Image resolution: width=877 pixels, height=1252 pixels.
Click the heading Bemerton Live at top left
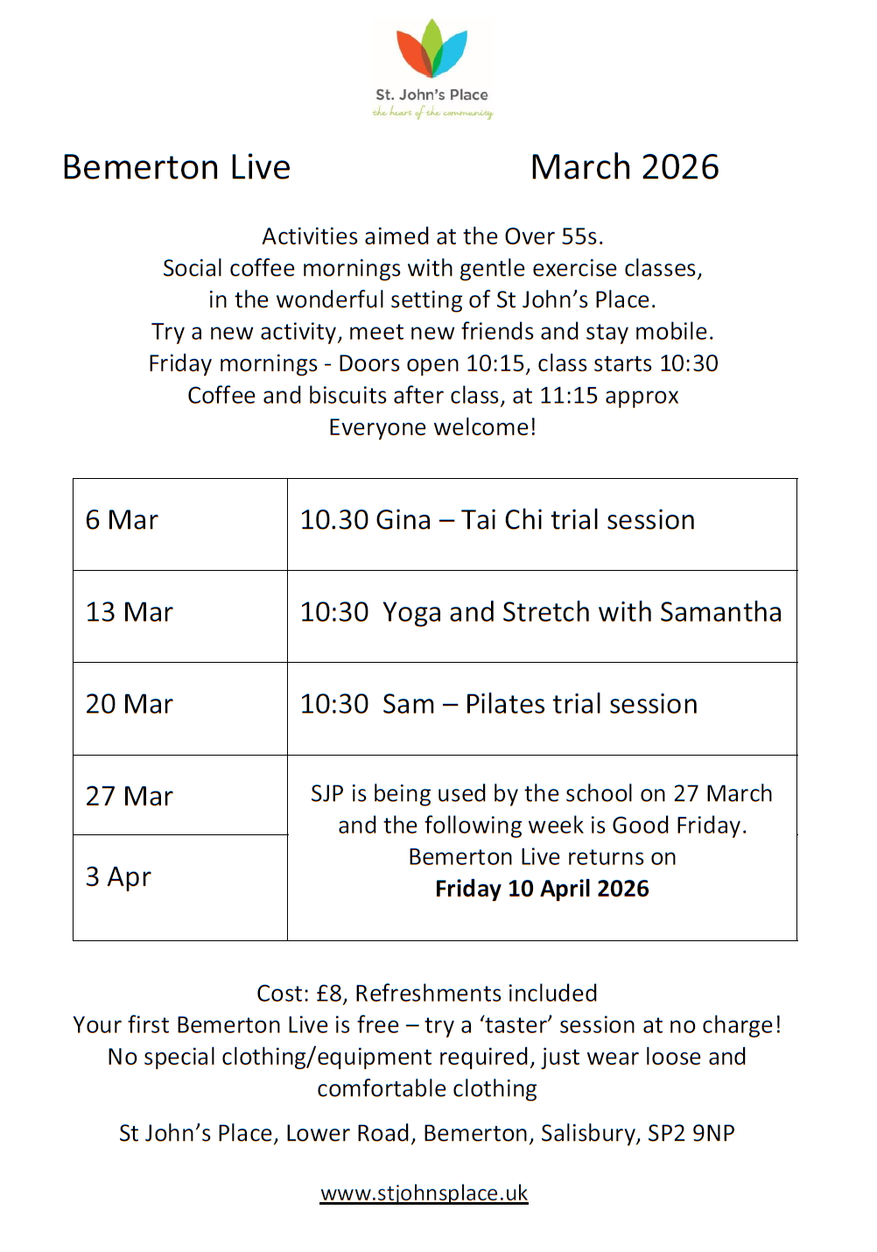coord(176,167)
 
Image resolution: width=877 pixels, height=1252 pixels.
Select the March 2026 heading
coord(624,167)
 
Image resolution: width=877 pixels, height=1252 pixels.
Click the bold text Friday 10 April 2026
coord(542,889)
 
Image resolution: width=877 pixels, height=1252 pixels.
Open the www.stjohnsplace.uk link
coord(424,1193)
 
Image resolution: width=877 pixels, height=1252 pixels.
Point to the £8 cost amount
coord(331,993)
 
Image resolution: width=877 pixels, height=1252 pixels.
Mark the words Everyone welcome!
coord(432,427)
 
